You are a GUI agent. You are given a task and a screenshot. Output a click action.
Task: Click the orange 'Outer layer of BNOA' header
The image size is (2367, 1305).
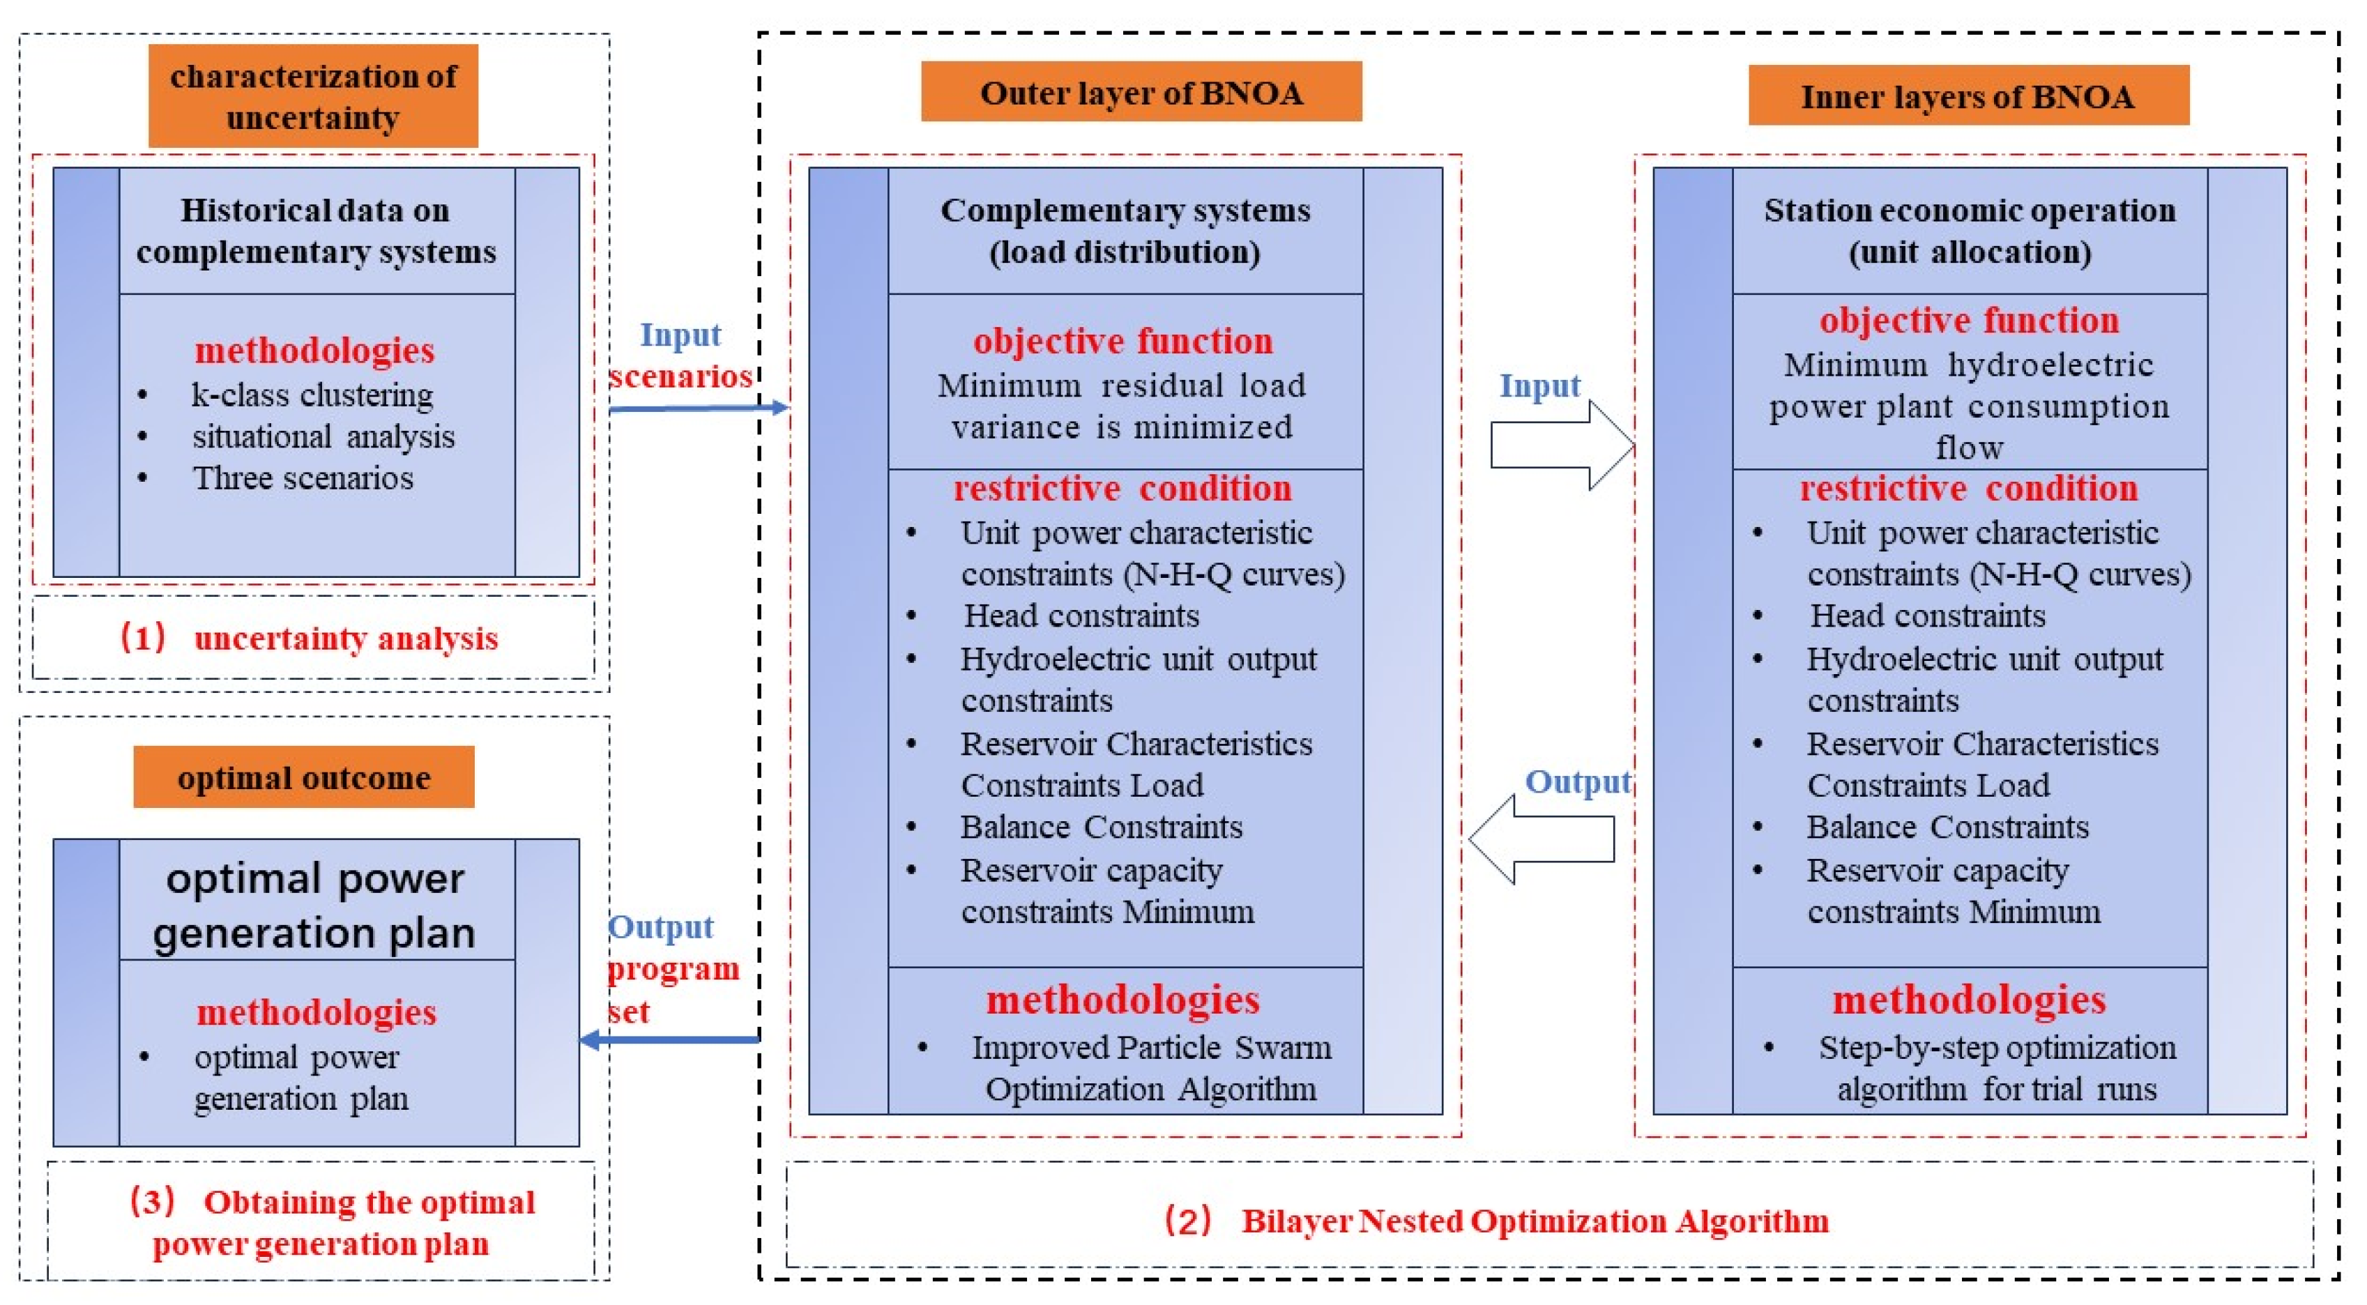1141,92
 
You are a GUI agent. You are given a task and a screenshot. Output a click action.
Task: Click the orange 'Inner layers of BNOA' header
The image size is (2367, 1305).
1968,96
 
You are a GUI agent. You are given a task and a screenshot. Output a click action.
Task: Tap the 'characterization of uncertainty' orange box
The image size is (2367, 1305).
313,96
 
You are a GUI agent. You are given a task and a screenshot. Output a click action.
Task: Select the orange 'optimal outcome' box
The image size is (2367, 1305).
304,777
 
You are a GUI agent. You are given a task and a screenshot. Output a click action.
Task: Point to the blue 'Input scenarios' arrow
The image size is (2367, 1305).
699,407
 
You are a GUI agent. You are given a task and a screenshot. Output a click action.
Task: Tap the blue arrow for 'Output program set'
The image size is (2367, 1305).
671,1039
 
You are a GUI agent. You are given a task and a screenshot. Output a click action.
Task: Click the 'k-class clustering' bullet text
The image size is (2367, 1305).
312,395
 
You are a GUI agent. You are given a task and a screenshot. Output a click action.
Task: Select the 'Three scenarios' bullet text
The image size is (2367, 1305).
303,478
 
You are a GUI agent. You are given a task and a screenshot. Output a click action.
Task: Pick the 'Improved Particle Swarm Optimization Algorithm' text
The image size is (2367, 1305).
1150,1068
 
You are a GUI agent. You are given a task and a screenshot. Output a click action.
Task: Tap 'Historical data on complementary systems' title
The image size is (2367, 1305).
316,231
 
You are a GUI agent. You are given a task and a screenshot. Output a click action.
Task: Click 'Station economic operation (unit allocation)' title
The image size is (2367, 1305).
1969,231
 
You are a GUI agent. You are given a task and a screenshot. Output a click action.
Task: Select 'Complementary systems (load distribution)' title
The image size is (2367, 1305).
1125,231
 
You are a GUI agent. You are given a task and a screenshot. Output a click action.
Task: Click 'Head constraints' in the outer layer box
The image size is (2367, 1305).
1081,616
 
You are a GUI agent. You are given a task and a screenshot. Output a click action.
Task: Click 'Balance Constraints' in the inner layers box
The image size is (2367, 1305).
1947,827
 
